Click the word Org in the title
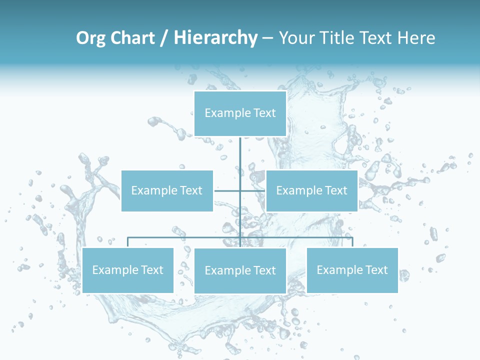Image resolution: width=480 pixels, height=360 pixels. tap(90, 38)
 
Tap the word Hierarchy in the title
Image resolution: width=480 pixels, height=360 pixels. tap(215, 38)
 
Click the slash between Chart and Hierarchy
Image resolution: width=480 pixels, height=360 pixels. tap(164, 38)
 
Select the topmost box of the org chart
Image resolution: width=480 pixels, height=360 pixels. tap(240, 113)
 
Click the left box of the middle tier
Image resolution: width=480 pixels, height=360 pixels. tap(167, 190)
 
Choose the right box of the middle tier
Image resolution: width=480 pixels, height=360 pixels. tap(311, 190)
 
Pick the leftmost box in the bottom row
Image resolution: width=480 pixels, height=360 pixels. tap(127, 270)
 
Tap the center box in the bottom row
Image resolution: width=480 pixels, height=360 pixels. tap(240, 270)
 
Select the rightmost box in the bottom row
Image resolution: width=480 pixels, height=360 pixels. tap(352, 270)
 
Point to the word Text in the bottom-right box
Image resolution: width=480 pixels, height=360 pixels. tap(376, 270)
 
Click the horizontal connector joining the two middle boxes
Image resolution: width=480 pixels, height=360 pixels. tap(227, 190)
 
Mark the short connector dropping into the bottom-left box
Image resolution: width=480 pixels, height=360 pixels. tap(128, 242)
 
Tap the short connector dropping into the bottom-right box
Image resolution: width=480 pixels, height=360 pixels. tap(352, 242)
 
